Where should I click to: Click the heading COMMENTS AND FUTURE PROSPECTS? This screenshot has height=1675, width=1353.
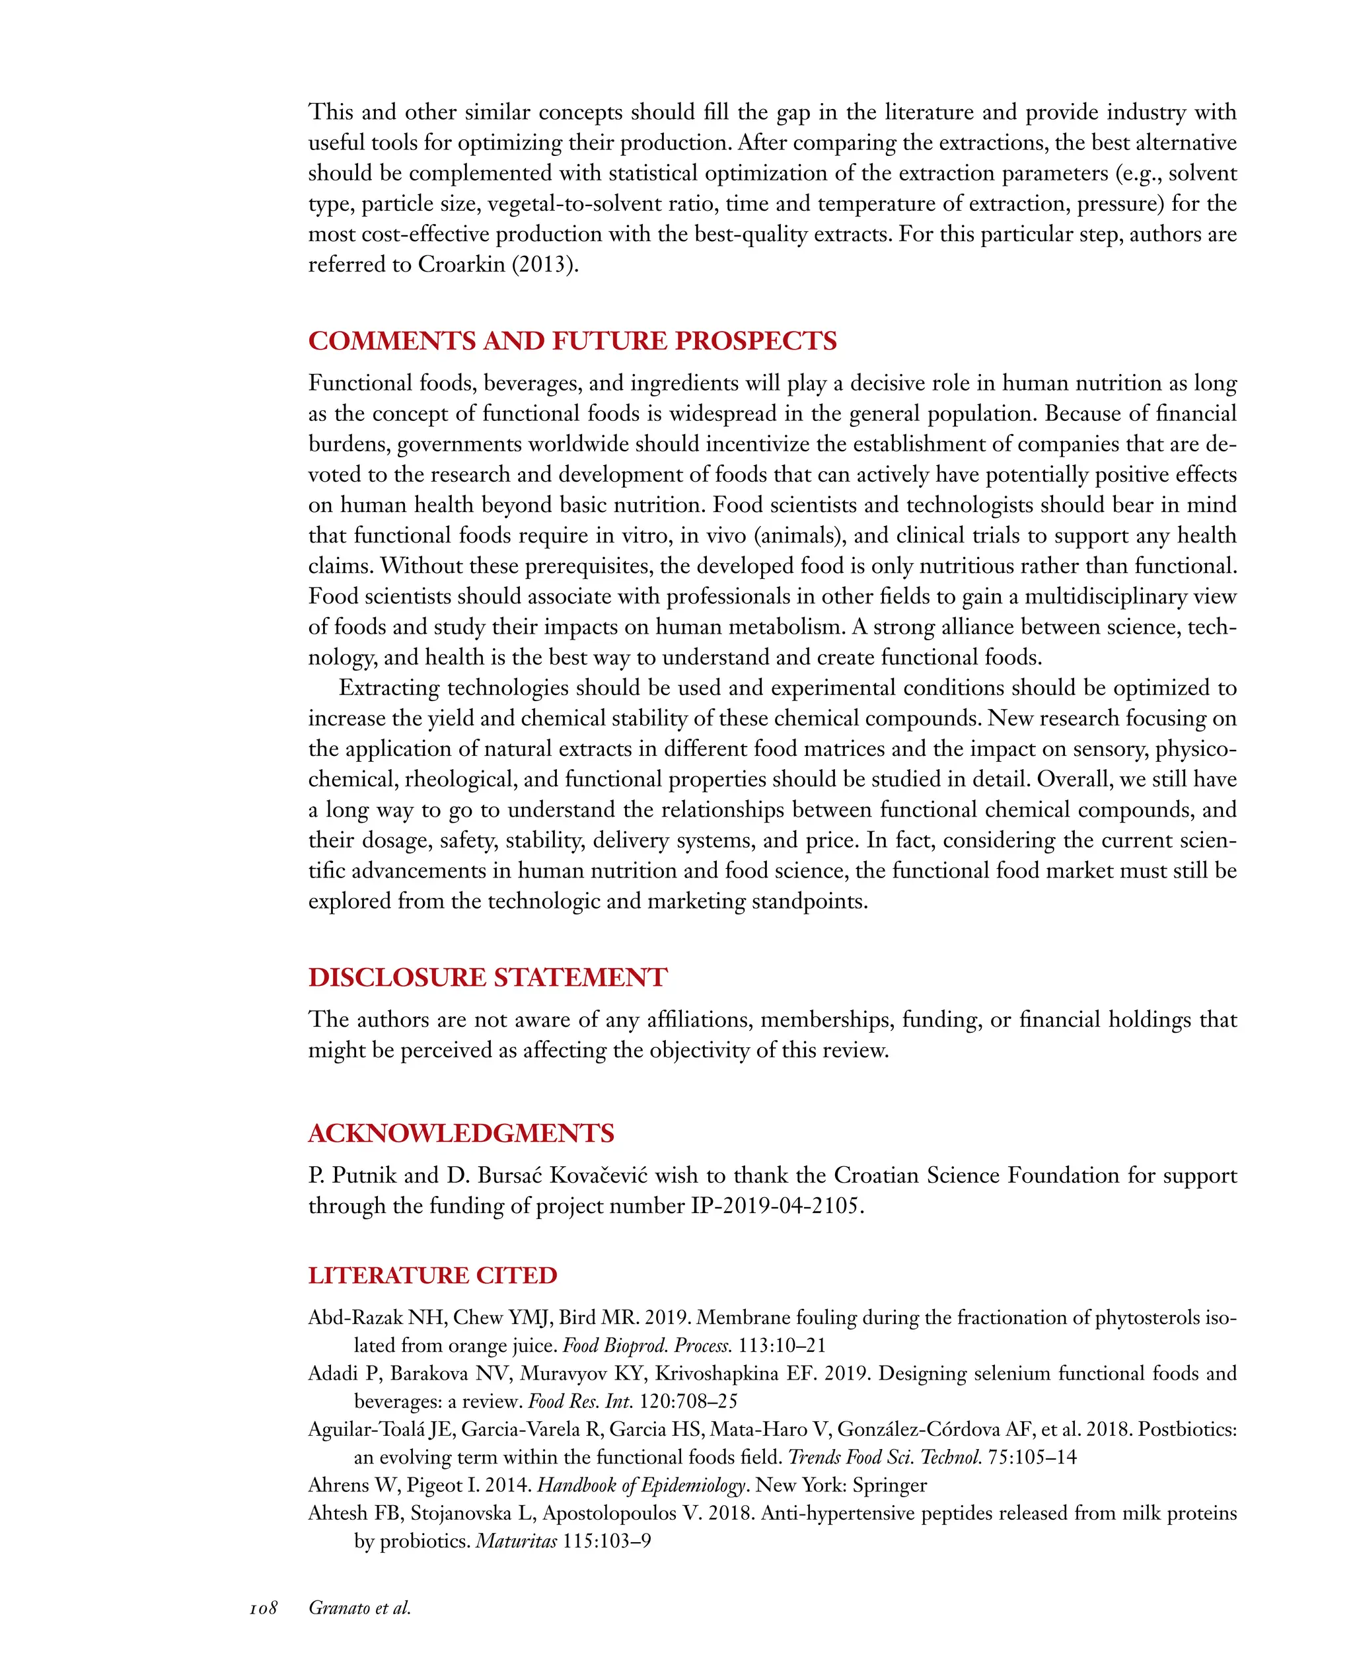[572, 342]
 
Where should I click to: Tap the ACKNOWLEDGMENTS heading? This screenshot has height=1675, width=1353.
[460, 1133]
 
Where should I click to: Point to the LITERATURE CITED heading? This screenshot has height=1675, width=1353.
[433, 1275]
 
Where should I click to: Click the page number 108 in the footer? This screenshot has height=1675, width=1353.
[264, 1608]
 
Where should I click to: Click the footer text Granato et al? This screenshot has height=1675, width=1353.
[359, 1608]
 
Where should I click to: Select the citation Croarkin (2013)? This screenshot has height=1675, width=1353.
[498, 265]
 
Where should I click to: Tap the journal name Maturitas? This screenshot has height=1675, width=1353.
[516, 1541]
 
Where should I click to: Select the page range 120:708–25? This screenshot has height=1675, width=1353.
[688, 1401]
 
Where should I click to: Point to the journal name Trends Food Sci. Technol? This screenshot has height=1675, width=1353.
[885, 1457]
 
